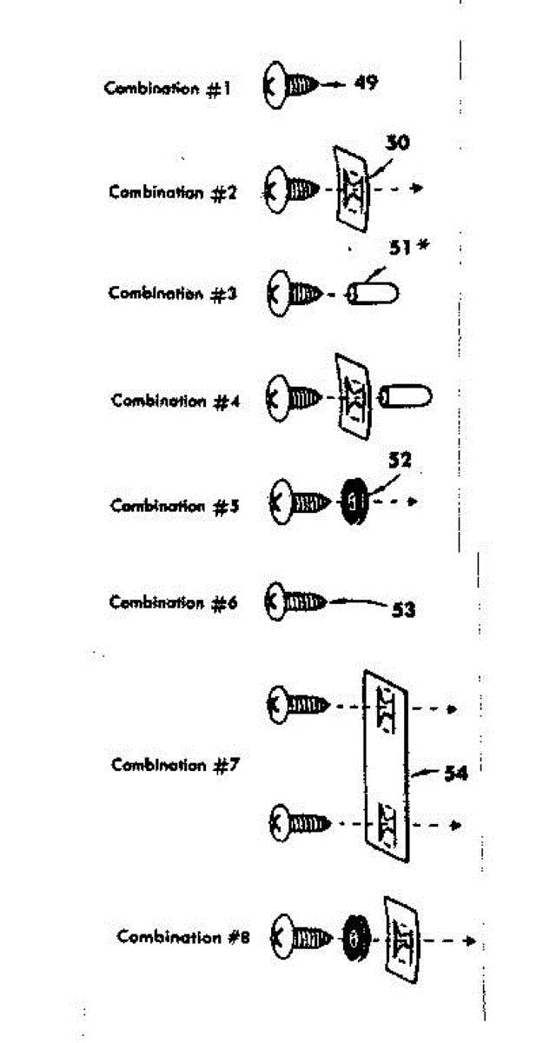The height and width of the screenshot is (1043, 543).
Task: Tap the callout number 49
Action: tap(366, 83)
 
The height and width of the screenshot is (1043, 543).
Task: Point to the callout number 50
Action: tap(398, 143)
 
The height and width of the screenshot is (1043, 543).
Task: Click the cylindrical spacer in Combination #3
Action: tap(374, 293)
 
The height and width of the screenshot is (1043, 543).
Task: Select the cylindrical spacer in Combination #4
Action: tap(407, 398)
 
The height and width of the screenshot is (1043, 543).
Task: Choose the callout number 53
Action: tap(403, 610)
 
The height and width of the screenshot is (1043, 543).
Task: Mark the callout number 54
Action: tap(455, 773)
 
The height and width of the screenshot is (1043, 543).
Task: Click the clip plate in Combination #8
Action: tap(401, 937)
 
